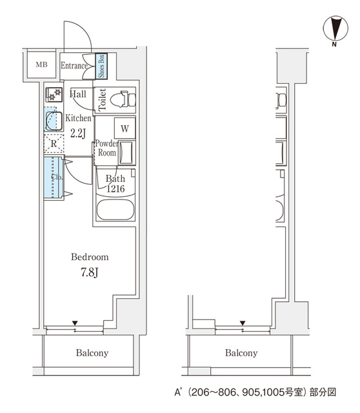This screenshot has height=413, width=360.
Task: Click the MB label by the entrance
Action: (x=41, y=65)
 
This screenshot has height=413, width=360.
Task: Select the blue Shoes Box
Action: (x=101, y=65)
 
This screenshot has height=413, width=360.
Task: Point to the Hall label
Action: (x=77, y=94)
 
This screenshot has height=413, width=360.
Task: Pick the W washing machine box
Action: (x=125, y=128)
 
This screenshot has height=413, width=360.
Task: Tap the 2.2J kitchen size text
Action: (x=78, y=134)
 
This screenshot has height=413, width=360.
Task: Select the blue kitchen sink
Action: (x=52, y=119)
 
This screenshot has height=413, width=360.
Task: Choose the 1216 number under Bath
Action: (x=115, y=189)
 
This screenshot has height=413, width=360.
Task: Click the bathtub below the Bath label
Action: (x=115, y=210)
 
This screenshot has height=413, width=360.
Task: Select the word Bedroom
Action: (x=90, y=257)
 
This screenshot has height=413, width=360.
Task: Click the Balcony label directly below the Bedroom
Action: (x=92, y=353)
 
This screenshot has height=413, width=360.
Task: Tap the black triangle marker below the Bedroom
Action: (x=75, y=323)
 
